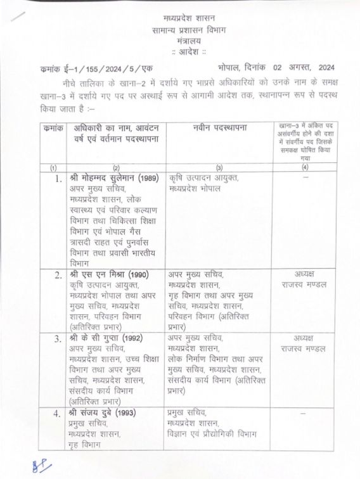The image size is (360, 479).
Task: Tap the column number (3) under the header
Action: coord(219,167)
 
